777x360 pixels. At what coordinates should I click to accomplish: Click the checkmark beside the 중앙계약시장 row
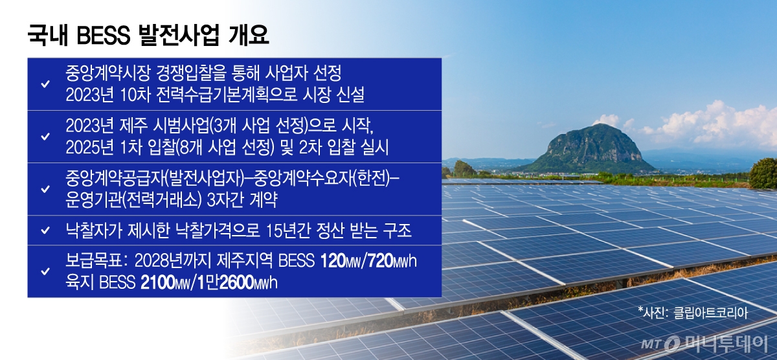point(45,85)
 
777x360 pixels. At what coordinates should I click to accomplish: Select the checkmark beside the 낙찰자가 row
point(45,230)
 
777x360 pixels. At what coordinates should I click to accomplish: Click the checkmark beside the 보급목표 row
point(45,271)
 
